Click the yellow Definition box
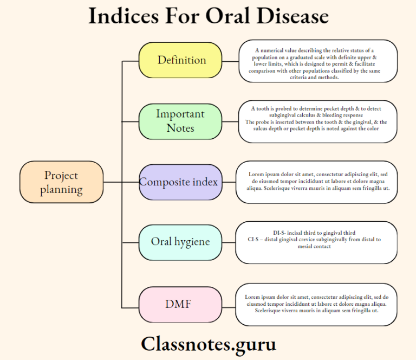pyautogui.click(x=180, y=60)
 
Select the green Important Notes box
pyautogui.click(x=180, y=121)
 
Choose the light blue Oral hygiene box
pyautogui.click(x=180, y=242)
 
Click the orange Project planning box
pyautogui.click(x=61, y=182)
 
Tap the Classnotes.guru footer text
pyautogui.click(x=208, y=344)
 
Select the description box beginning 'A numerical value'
pyautogui.click(x=318, y=61)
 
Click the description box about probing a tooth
pyautogui.click(x=318, y=121)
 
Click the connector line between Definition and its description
pyautogui.click(x=230, y=61)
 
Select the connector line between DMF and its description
pyautogui.click(x=229, y=304)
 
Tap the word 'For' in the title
pyautogui.click(x=182, y=16)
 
